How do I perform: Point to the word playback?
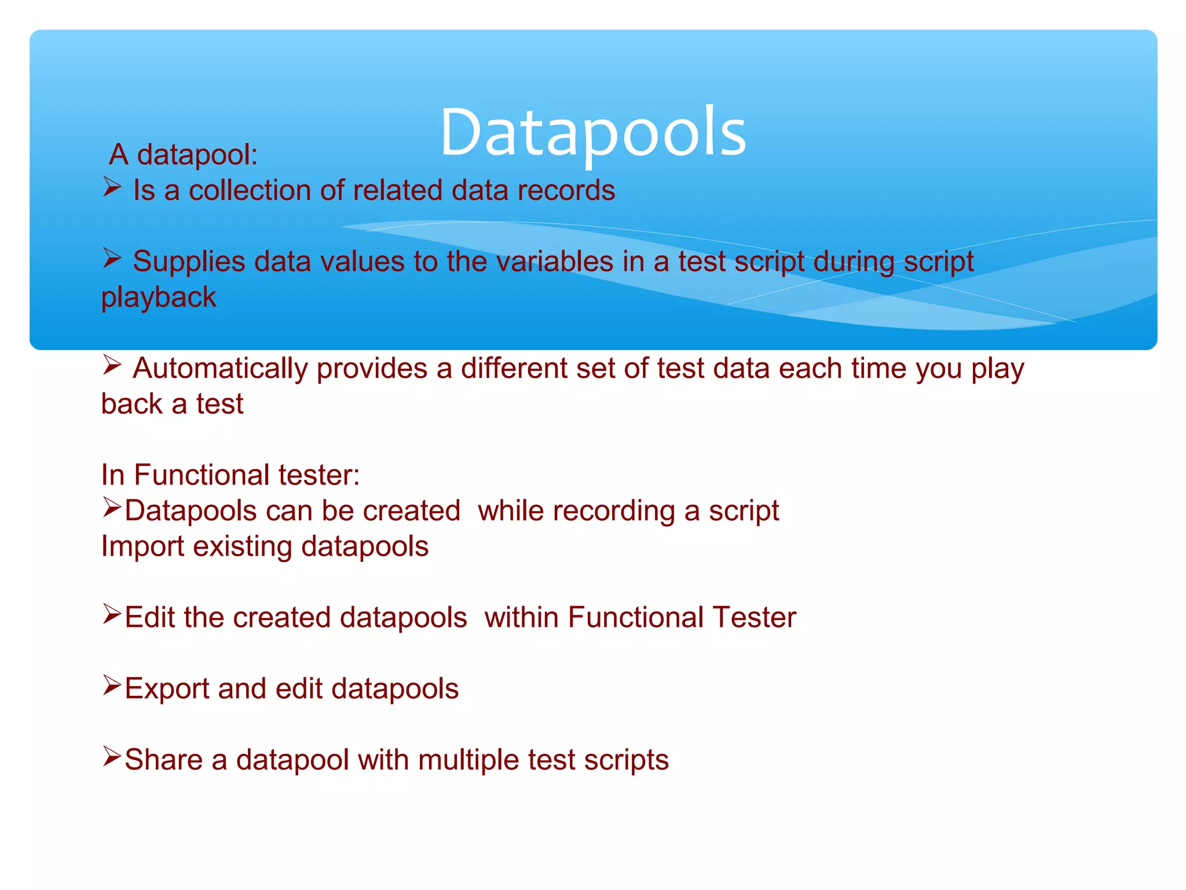coord(159,298)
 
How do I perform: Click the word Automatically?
coord(220,369)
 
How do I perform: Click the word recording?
coord(614,511)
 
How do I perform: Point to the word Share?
coord(163,760)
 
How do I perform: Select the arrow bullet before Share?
coord(112,756)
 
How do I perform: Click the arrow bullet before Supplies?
coord(112,258)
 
